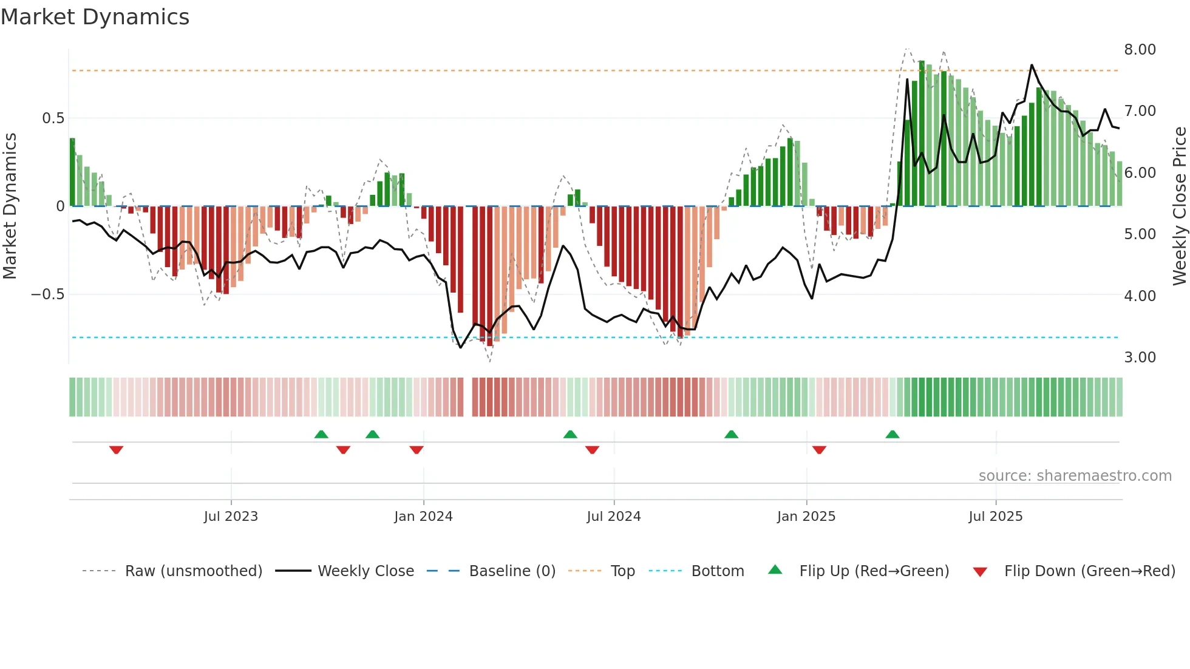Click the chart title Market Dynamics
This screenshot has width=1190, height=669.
[x=95, y=17]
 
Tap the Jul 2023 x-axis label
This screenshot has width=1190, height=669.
[x=231, y=517]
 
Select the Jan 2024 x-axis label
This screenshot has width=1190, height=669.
[x=423, y=517]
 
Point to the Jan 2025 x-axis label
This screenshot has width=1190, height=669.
[x=806, y=517]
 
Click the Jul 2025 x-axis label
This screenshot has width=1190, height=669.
[x=996, y=517]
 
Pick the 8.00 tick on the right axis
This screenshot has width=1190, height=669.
[x=1140, y=50]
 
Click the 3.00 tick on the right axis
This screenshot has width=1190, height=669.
[x=1140, y=358]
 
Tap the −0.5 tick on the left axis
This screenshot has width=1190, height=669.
[x=47, y=294]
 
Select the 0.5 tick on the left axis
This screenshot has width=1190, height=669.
[x=53, y=118]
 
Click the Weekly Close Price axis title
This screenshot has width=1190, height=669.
[x=1179, y=206]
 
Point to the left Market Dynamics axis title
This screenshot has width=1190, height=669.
[x=10, y=206]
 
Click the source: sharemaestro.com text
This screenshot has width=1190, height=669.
[x=1075, y=476]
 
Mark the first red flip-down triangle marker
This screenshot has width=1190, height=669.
[x=117, y=450]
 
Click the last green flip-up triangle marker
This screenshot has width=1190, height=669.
[x=892, y=434]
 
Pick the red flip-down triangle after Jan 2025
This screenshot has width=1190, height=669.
[x=819, y=450]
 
